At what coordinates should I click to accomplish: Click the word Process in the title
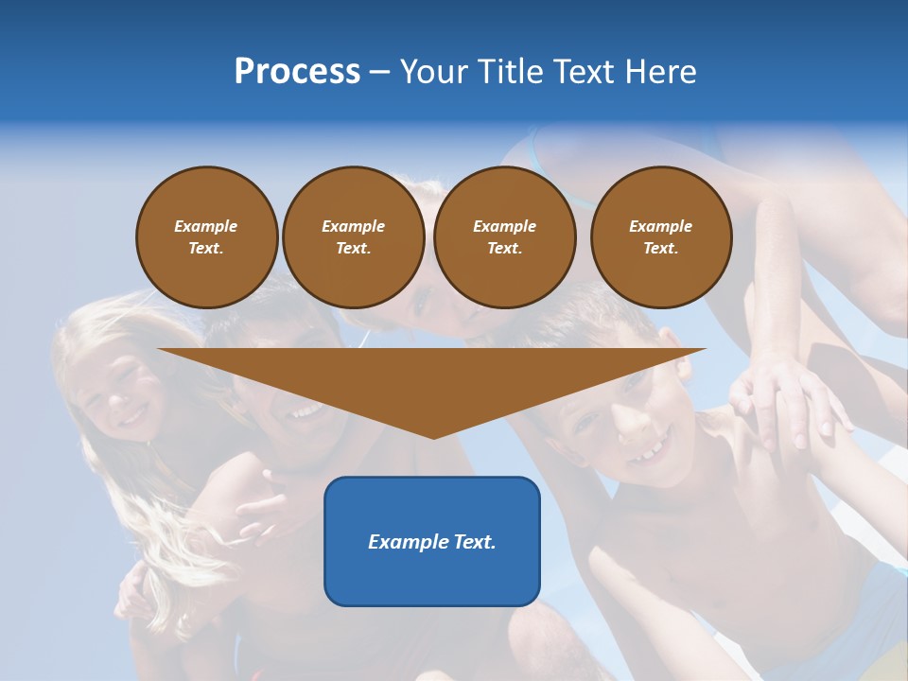point(297,72)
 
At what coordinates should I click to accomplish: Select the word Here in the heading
point(661,72)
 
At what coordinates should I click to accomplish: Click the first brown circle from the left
point(206,237)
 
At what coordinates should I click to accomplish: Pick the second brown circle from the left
point(353,237)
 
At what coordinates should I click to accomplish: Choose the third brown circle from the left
point(504,237)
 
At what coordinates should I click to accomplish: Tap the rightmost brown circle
point(660,237)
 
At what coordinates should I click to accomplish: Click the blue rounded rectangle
point(432,567)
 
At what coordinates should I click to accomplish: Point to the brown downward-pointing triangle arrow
point(432,378)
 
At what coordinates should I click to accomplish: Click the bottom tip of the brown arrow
point(432,436)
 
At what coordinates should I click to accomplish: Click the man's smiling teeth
point(305,411)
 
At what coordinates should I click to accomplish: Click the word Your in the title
point(434,72)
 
